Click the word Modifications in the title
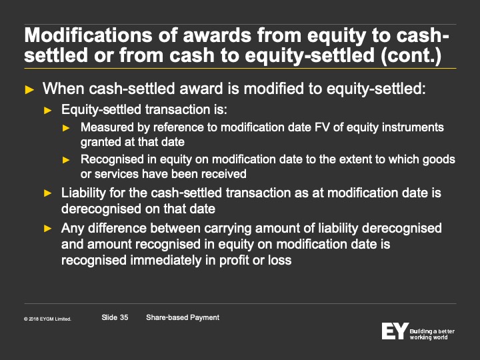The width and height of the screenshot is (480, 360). coord(88,35)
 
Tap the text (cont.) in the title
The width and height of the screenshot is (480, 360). coord(411,55)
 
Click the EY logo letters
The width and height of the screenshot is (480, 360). coord(395,331)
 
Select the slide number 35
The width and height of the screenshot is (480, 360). coord(124,317)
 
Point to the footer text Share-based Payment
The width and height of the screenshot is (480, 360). coord(183,317)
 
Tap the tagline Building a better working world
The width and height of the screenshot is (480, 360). coord(432,334)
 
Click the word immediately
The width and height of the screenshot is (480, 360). coord(166,260)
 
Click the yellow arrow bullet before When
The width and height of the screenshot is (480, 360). coord(29,90)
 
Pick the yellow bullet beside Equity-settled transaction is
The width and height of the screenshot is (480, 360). coord(48,110)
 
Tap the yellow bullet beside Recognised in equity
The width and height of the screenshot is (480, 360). coord(66,160)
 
